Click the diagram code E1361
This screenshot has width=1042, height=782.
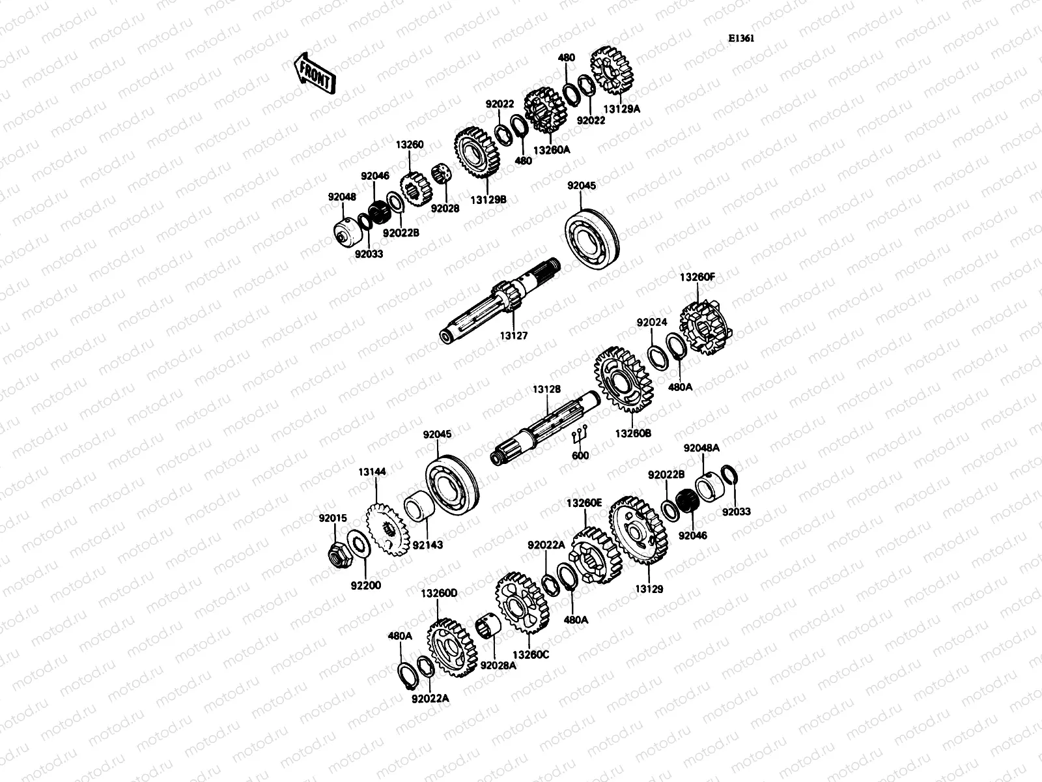(x=741, y=38)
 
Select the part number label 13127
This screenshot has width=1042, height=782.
(x=513, y=336)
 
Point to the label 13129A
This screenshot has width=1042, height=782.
(x=623, y=109)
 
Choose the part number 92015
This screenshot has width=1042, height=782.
(x=333, y=519)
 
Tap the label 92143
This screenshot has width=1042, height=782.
(x=427, y=545)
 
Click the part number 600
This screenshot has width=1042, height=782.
(x=580, y=456)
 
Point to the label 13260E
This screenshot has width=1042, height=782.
(x=584, y=503)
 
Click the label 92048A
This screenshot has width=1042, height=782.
(x=701, y=448)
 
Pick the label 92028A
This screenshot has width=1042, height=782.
(x=498, y=665)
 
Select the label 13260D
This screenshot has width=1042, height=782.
(x=439, y=594)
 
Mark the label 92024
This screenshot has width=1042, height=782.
(x=653, y=322)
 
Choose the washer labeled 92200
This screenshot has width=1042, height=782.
(x=356, y=542)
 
